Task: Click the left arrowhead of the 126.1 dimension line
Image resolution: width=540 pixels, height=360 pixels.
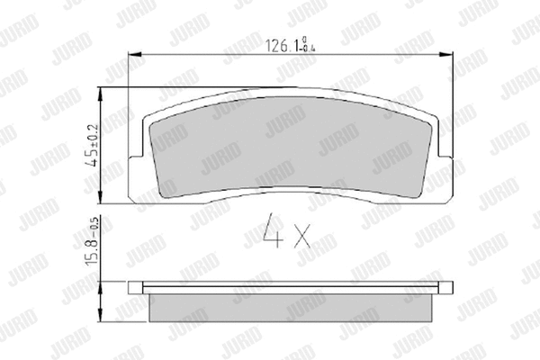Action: [x=136, y=56]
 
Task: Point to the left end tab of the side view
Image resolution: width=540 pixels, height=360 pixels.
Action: [x=135, y=288]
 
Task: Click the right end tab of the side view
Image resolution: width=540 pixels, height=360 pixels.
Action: [x=445, y=288]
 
